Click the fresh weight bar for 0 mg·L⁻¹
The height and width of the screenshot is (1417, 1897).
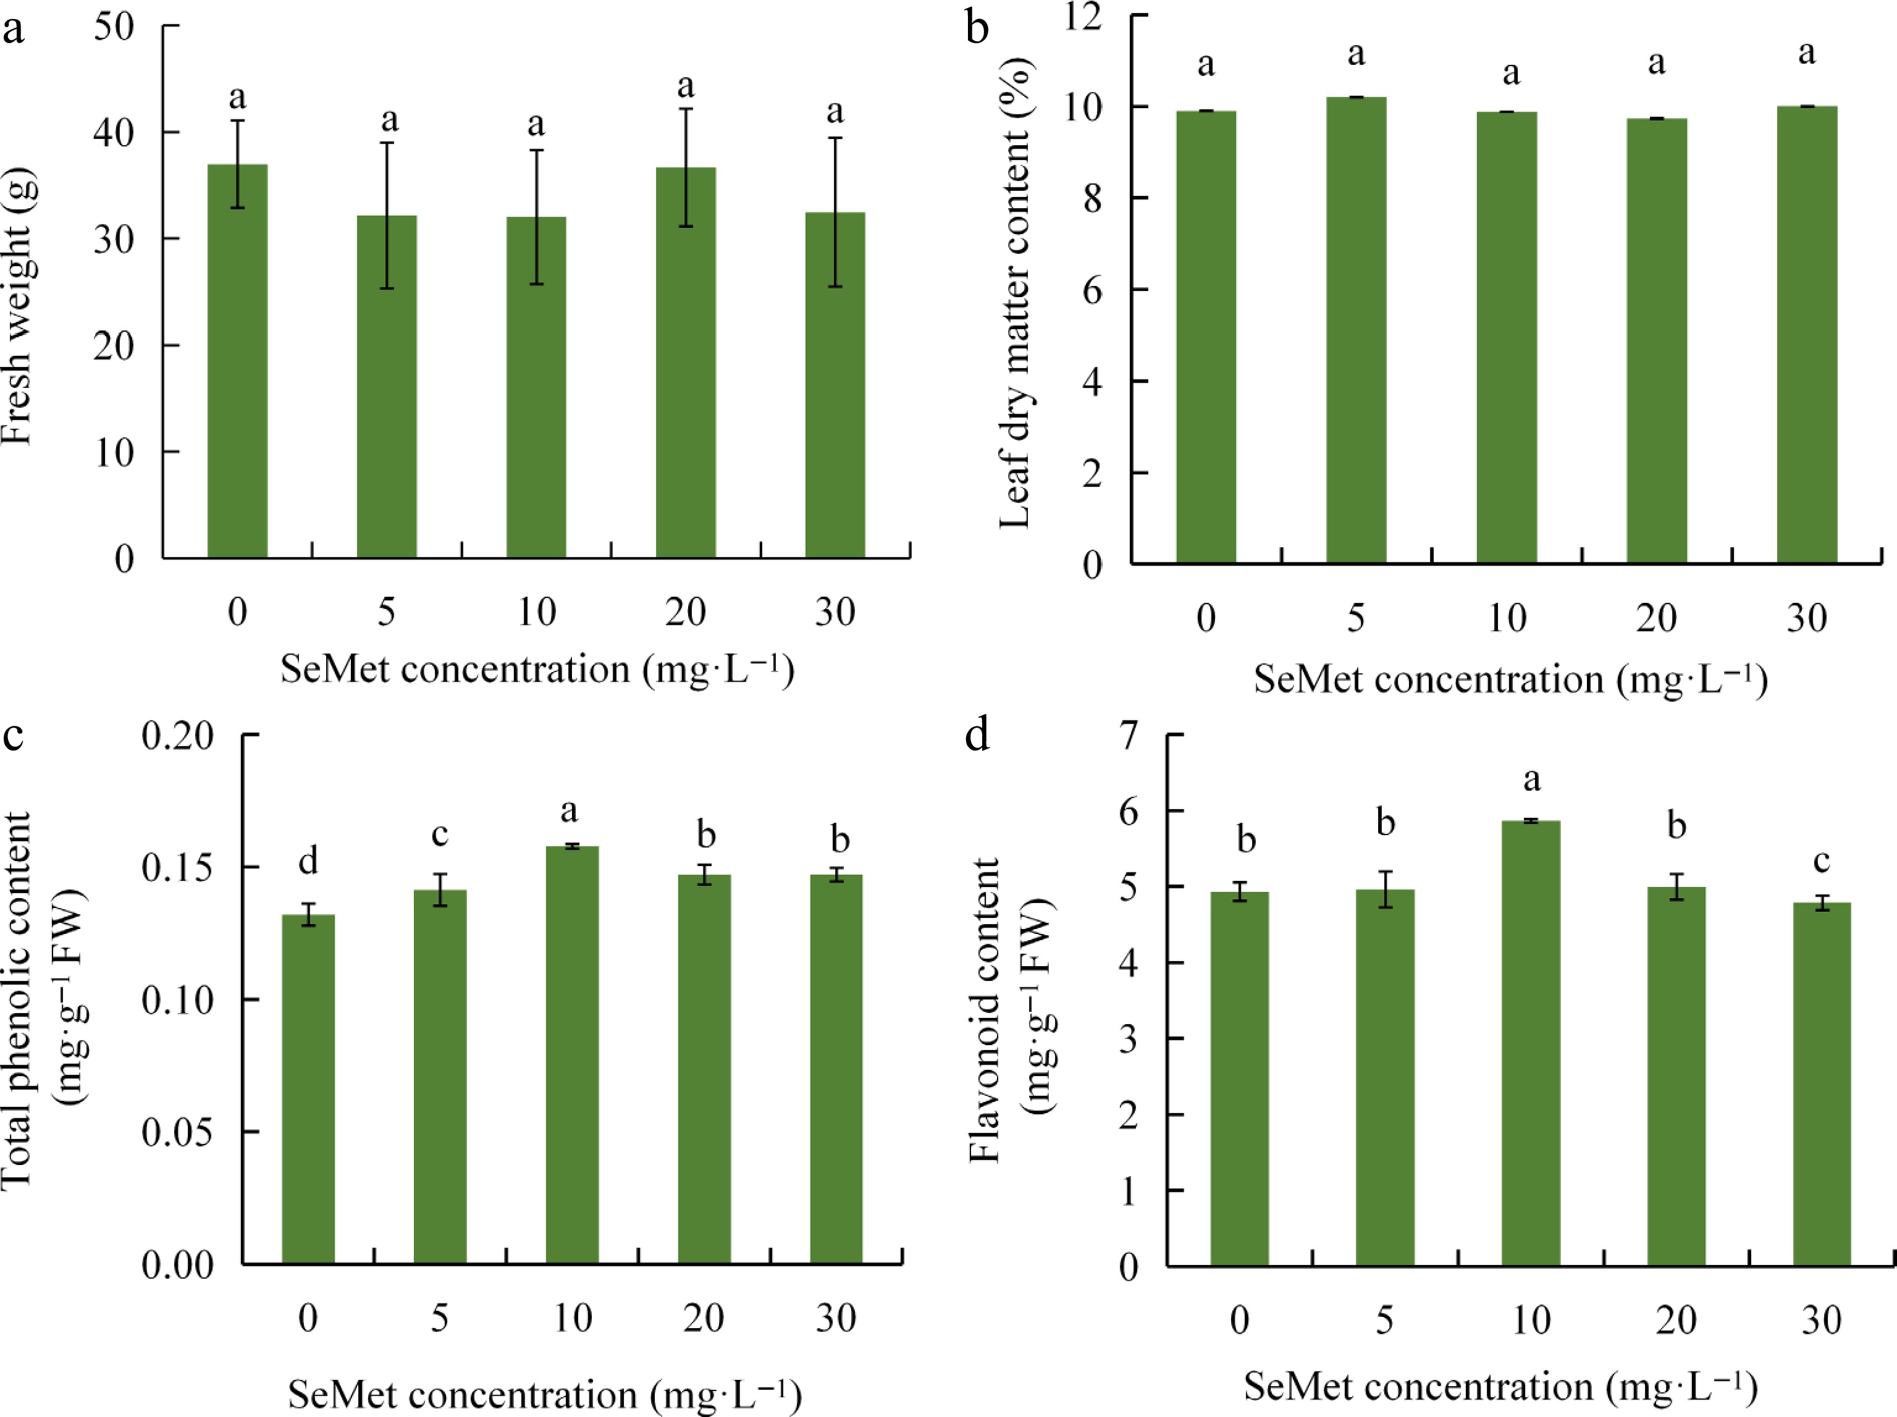[x=238, y=360]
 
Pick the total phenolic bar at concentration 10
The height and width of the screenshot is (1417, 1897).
[x=572, y=1055]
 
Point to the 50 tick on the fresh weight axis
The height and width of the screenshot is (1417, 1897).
[x=114, y=27]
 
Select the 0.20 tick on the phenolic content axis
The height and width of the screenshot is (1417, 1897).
[x=177, y=735]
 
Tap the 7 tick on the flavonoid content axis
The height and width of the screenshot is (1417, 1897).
[x=1129, y=735]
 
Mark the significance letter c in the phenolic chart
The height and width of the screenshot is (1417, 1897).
[x=440, y=834]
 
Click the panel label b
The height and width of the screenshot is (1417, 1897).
[x=977, y=28]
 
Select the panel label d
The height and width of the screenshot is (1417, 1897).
[x=977, y=736]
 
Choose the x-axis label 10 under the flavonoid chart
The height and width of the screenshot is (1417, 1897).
[x=1531, y=1319]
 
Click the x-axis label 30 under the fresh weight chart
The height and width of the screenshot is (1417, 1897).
[x=835, y=612]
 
